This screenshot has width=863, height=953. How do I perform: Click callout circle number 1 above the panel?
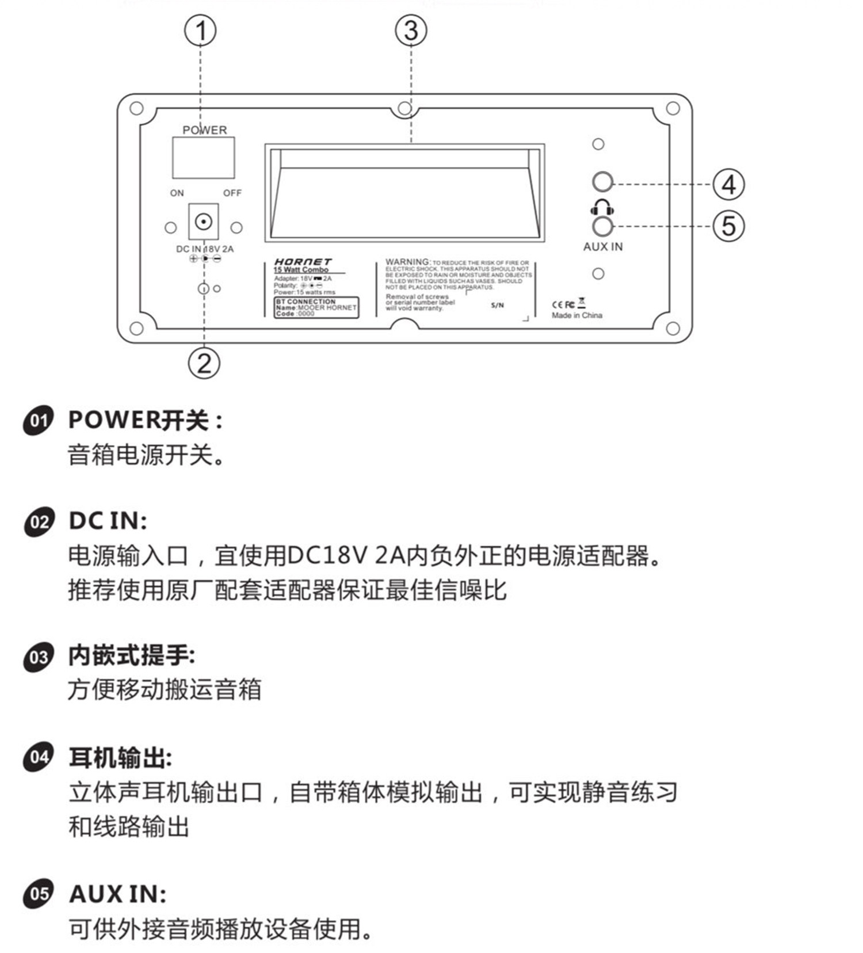[200, 31]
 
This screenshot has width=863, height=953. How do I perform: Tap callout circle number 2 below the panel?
[204, 363]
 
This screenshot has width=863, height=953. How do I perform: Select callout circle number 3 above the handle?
[411, 31]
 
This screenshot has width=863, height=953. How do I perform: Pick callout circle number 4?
[728, 185]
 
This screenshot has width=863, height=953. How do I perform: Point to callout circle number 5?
[728, 226]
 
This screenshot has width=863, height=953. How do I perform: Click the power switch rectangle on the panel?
[203, 158]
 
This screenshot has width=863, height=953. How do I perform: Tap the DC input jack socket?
[204, 222]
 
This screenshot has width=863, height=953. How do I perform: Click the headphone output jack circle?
[602, 182]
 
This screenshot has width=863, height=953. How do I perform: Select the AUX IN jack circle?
[602, 226]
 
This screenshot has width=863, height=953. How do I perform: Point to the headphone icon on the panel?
[602, 207]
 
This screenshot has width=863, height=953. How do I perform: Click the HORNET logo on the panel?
[303, 262]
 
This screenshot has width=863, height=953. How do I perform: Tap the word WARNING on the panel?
[407, 262]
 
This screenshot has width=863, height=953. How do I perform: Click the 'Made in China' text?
[576, 315]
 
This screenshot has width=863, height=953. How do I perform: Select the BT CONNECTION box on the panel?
[316, 307]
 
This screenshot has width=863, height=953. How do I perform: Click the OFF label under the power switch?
[232, 193]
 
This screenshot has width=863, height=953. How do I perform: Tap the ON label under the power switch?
[177, 193]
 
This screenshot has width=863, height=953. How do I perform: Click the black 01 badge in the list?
[39, 420]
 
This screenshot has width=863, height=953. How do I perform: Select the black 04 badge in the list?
[39, 757]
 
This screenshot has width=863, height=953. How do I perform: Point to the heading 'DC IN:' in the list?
[108, 521]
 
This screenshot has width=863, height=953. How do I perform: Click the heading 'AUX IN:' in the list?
[117, 894]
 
